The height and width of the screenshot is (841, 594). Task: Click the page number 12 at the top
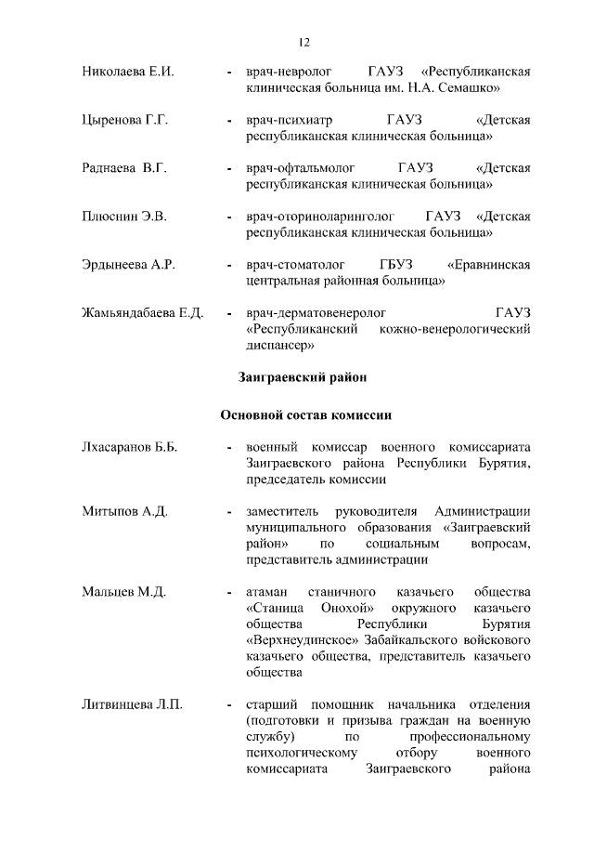click(303, 42)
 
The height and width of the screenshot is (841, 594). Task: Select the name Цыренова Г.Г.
click(125, 121)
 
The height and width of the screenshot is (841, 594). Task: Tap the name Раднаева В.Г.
click(123, 169)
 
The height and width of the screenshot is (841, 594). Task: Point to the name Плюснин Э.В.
click(123, 217)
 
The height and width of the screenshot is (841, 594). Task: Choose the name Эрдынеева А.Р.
click(129, 266)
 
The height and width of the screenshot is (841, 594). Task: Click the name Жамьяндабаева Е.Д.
click(143, 313)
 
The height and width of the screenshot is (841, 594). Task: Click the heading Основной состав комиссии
click(303, 414)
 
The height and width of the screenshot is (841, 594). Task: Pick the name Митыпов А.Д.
click(124, 512)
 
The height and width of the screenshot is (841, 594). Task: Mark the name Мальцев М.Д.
click(123, 592)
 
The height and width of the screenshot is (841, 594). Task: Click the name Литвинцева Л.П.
click(132, 704)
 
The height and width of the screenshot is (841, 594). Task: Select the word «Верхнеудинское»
click(297, 640)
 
